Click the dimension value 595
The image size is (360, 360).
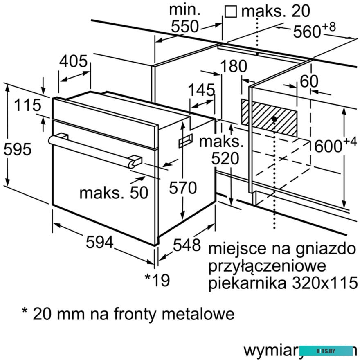17,149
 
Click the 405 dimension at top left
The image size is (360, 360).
74,62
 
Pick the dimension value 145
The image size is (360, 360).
202,90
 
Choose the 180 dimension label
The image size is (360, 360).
234,66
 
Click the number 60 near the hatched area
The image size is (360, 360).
309,82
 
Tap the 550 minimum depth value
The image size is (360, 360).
184,27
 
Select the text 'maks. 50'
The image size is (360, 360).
113,193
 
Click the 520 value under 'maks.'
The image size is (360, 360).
225,159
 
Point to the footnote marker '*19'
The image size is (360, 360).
157,280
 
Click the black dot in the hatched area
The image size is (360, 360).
273,119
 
